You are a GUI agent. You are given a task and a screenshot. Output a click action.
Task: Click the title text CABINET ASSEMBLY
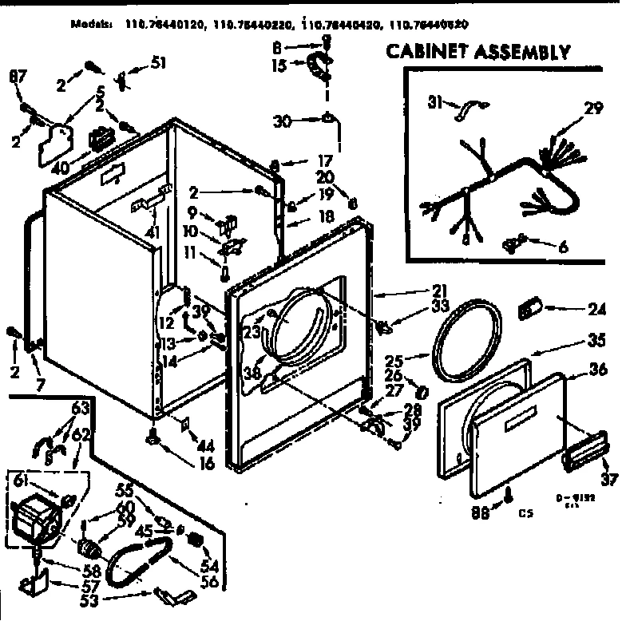coord(478,52)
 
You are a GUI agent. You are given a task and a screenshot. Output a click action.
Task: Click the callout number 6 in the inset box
coord(563,247)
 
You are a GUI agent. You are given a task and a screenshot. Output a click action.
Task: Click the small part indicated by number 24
coord(530,307)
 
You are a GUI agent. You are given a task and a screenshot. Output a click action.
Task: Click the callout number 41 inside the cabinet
coord(153,232)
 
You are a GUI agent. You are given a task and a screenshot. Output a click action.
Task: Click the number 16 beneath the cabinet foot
coord(207,463)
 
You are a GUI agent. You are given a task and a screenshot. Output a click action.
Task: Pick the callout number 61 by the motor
coord(21,479)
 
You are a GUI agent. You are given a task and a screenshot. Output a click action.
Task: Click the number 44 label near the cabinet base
coord(206,444)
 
